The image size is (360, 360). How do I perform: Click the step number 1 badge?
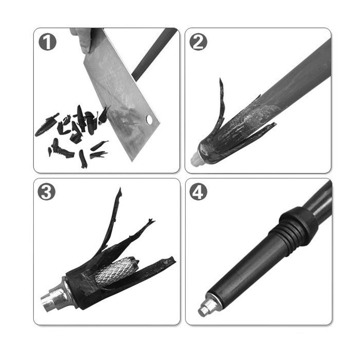pyautogui.click(x=48, y=43)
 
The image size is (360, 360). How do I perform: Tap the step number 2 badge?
pyautogui.click(x=198, y=43)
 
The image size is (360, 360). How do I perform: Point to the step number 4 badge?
pyautogui.click(x=198, y=193)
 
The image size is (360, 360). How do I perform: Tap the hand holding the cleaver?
pyautogui.click(x=83, y=39)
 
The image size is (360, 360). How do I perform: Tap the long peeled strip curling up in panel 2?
pyautogui.click(x=221, y=104)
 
